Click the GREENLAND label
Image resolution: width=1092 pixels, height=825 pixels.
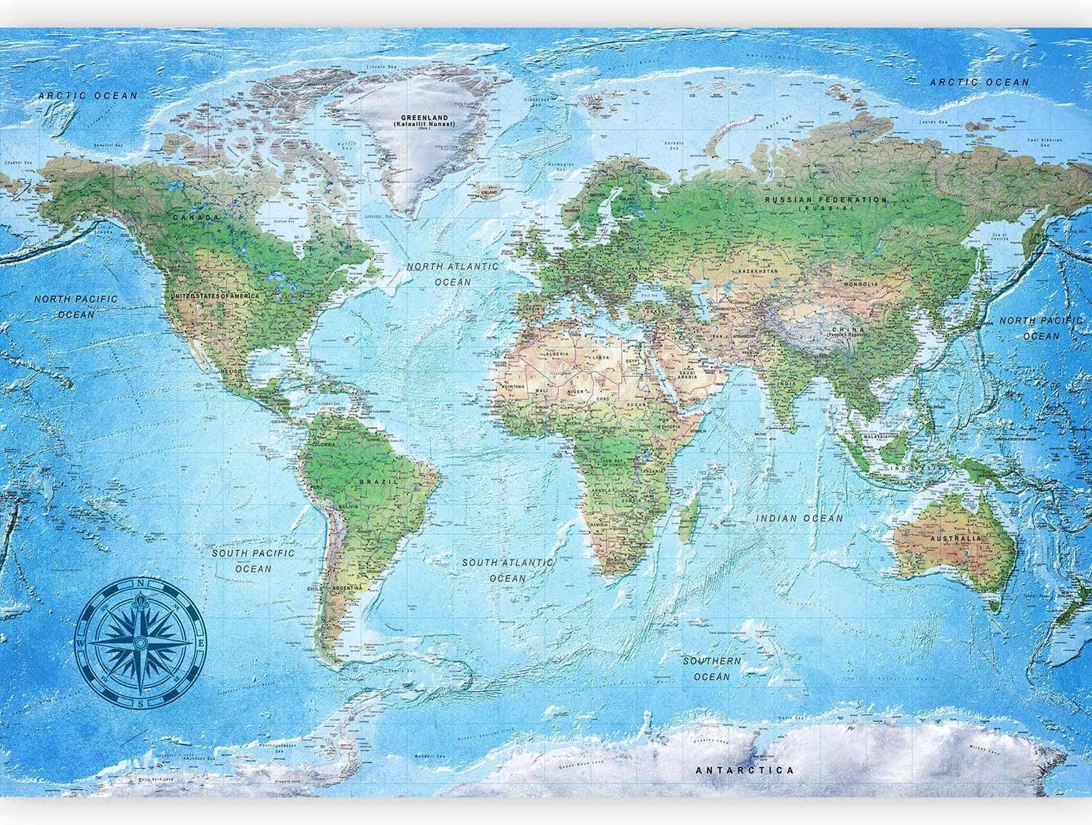tap(424, 119)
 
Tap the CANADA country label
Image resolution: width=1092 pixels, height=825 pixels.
tap(196, 218)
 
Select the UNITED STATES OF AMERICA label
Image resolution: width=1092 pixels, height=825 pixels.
tap(215, 296)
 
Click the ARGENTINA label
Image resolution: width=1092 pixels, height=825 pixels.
tap(346, 588)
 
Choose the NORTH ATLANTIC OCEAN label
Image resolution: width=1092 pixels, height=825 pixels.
tap(453, 273)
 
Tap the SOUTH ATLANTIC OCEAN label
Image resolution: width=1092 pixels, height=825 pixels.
tap(507, 570)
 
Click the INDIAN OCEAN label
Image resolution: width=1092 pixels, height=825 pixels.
tap(800, 518)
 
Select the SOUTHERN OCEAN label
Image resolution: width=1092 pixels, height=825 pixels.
tap(712, 669)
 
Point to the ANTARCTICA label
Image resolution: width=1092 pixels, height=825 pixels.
tap(744, 771)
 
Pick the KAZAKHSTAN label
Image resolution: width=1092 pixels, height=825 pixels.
tap(757, 270)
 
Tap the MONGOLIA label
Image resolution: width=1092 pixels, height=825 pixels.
tap(862, 284)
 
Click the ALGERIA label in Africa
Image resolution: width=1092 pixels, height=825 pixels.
tap(558, 354)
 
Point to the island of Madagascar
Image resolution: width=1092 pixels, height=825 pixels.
tap(688, 516)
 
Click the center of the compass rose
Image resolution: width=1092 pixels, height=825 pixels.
tap(141, 643)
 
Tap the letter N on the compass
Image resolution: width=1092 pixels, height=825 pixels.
tap(141, 583)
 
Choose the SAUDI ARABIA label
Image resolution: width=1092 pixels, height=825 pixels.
tap(688, 375)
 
